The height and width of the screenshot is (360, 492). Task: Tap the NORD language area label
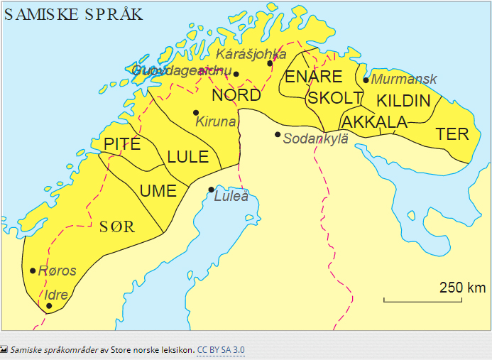click(x=236, y=95)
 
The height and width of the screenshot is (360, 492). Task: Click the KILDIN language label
click(x=403, y=100)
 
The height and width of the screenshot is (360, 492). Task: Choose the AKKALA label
click(x=374, y=122)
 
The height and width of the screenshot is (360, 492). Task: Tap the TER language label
click(x=452, y=133)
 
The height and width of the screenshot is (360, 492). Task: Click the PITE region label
click(x=122, y=144)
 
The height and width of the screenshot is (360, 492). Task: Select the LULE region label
click(x=187, y=157)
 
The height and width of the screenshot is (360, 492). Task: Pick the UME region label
click(x=158, y=190)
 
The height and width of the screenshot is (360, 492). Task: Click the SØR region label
click(x=118, y=227)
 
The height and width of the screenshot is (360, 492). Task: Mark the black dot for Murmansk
click(x=366, y=80)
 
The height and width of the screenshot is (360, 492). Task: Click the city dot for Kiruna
click(x=196, y=112)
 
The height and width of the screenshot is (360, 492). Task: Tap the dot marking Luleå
click(x=211, y=189)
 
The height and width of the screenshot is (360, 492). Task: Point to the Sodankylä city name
click(x=315, y=138)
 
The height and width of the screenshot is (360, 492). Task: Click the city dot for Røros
click(x=33, y=271)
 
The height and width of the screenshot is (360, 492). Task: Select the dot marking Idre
click(x=49, y=306)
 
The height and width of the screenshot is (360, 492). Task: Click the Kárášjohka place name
click(x=251, y=54)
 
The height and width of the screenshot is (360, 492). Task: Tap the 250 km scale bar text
click(x=462, y=288)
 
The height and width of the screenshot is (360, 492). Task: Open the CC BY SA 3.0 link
click(x=221, y=350)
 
